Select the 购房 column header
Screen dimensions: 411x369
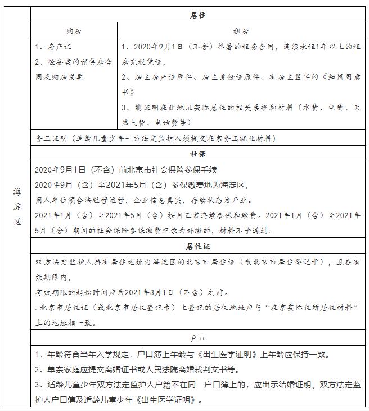coord(74,31)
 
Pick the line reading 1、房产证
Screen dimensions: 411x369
coord(53,47)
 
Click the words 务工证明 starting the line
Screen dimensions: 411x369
coord(51,138)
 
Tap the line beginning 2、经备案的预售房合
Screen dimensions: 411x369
coord(73,62)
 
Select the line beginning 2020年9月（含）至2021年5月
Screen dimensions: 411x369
coord(141,184)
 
